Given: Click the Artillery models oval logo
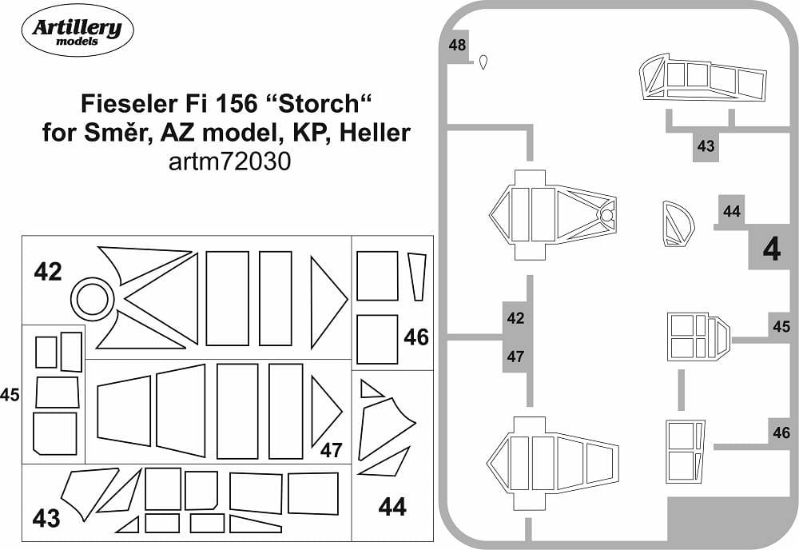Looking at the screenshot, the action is tap(78, 30).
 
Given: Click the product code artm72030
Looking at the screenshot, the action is tap(229, 161).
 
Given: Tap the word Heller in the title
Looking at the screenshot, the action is tap(375, 133).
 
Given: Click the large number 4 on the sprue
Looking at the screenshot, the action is tap(772, 249).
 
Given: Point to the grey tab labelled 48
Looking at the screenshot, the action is tap(457, 46).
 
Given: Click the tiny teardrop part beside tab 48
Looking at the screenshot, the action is tap(483, 62).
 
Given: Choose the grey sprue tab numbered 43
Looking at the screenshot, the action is tap(706, 147).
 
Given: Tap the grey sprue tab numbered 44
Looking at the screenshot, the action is tap(731, 210).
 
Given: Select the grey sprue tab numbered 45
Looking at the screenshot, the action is tap(781, 326).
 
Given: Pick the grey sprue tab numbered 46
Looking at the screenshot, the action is tap(781, 432).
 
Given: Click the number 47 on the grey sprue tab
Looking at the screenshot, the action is tap(515, 356).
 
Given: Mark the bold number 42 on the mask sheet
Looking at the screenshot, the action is tap(48, 272).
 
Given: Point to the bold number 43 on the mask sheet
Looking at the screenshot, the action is tap(46, 519).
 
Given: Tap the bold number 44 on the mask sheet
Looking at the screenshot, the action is tap(392, 507).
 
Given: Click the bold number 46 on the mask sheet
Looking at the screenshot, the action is tap(415, 337).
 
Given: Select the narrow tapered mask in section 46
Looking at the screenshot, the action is tap(417, 277).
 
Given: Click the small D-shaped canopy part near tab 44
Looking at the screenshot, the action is tap(678, 224).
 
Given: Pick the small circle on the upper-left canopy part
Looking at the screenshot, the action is tap(606, 216).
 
